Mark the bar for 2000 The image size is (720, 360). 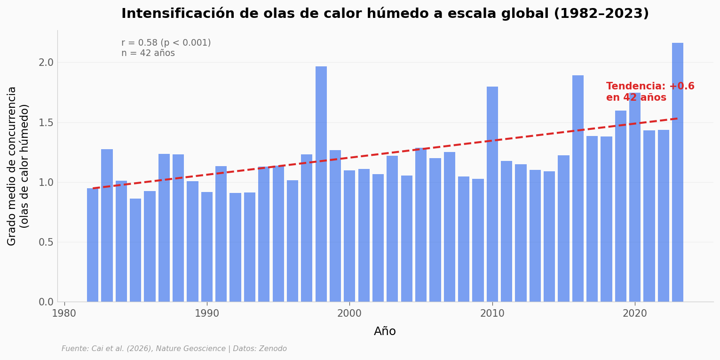tap(349, 236)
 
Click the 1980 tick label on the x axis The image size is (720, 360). tap(64, 313)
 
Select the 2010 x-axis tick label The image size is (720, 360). tap(492, 313)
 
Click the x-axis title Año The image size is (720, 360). tap(385, 332)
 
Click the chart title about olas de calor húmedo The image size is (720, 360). tap(385, 14)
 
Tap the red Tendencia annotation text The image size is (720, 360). tap(650, 92)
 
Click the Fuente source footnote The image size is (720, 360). tap(174, 349)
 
